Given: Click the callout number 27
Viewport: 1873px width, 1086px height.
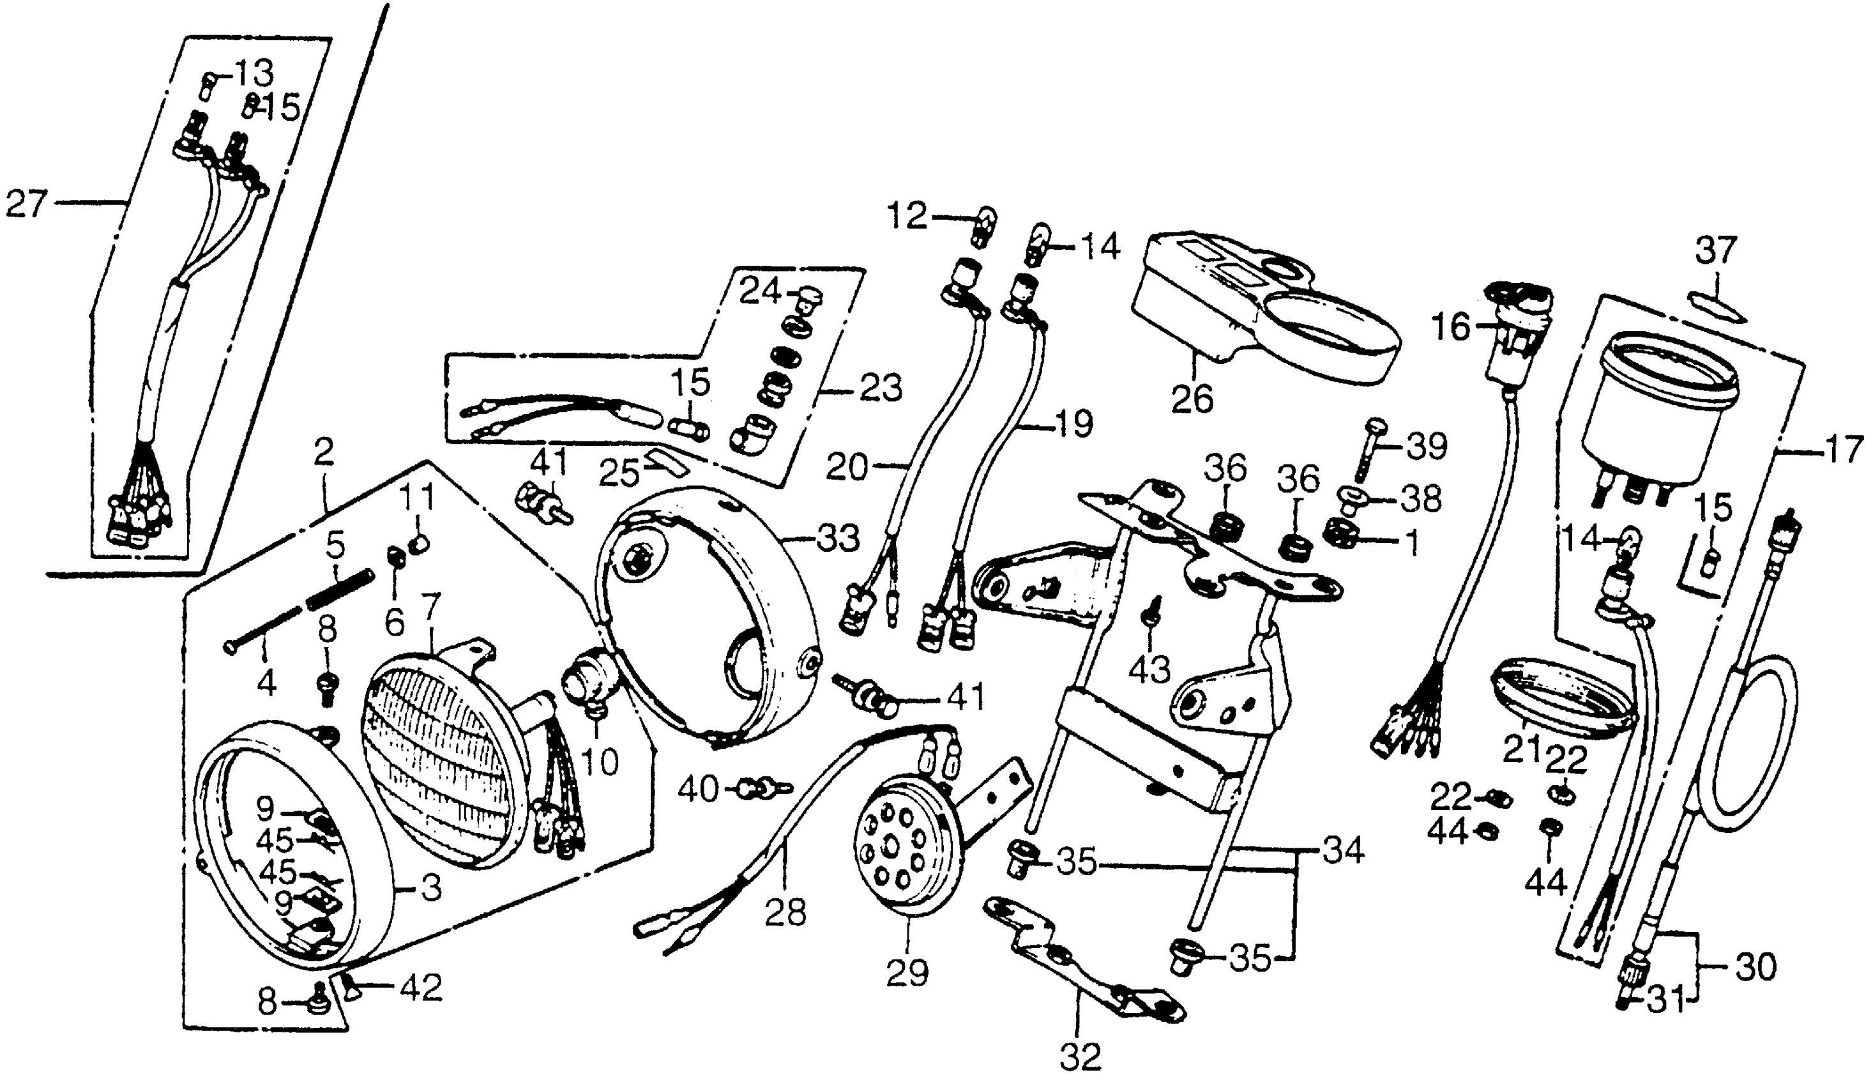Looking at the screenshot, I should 26,204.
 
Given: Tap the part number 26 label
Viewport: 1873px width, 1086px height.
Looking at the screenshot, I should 1192,399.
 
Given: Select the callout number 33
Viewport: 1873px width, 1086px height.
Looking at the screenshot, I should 837,537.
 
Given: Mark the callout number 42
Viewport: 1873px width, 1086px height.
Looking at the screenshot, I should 421,988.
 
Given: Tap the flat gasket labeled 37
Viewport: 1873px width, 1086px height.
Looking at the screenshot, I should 1716,309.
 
